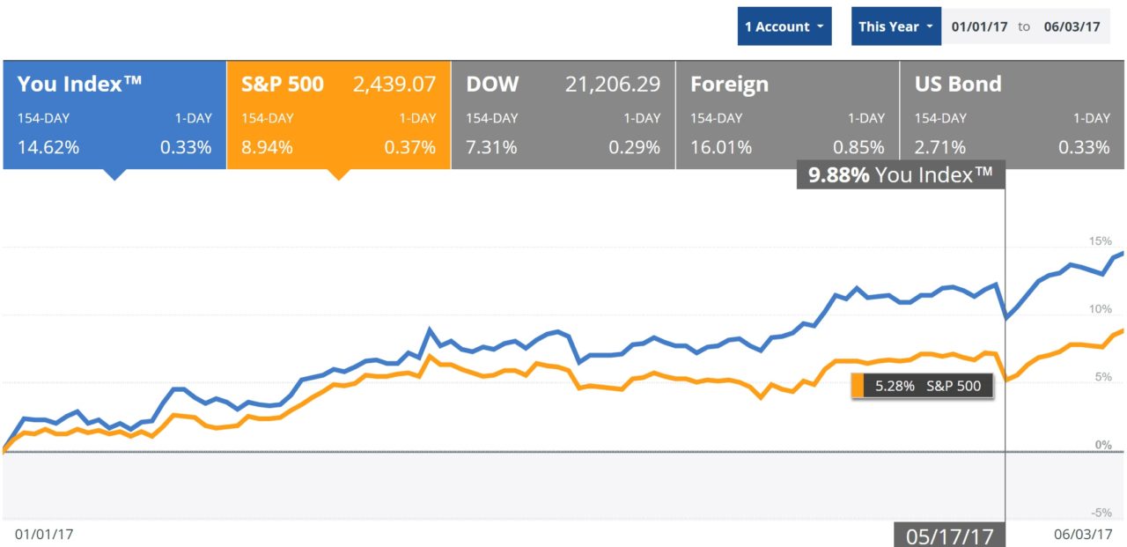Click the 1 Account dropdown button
(x=784, y=26)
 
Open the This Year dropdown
(x=895, y=26)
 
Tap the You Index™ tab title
(x=80, y=85)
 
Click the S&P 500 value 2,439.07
(x=394, y=85)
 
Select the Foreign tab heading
(x=729, y=85)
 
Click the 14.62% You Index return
(x=48, y=147)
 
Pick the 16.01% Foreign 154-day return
(x=721, y=147)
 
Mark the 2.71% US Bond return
(x=940, y=147)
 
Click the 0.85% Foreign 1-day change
(x=860, y=147)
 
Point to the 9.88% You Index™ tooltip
(x=901, y=175)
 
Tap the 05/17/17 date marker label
(x=949, y=535)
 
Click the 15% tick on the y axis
(x=1101, y=241)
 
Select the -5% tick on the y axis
(x=1101, y=513)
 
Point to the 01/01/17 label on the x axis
(x=44, y=534)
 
